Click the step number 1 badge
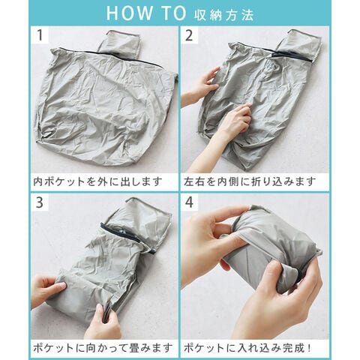[40, 35]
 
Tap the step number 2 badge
[189, 35]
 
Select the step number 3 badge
[40, 202]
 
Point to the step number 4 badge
[189, 202]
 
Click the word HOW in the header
[129, 13]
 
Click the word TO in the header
[174, 13]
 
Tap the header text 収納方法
[223, 15]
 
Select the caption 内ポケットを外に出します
[97, 181]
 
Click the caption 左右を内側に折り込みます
[250, 181]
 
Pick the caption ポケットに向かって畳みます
[103, 348]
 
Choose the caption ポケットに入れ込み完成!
[247, 348]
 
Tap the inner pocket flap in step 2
[299, 46]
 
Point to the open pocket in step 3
[140, 219]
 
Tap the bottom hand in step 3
[103, 322]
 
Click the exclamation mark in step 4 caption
[309, 348]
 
